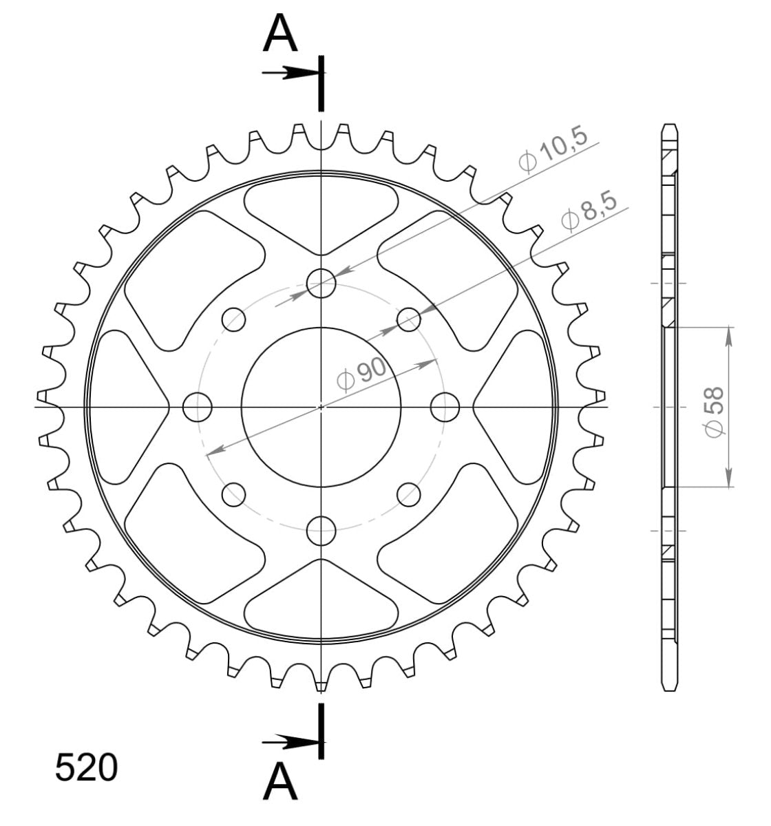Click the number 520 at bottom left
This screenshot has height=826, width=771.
tap(86, 768)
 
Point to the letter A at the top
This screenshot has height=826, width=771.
tap(280, 34)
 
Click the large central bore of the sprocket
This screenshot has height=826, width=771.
tap(321, 407)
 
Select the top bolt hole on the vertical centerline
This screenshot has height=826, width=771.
tap(321, 283)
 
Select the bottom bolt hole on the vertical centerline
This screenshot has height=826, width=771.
tap(321, 530)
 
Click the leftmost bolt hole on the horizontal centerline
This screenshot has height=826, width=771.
tap(198, 407)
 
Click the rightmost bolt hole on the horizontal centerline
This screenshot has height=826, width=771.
tap(445, 407)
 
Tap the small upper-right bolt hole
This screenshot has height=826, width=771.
tap(409, 319)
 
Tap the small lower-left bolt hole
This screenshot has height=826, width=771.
tap(233, 494)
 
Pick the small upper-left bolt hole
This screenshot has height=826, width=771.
tap(233, 319)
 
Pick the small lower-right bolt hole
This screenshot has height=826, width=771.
tap(409, 494)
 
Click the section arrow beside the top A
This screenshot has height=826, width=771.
tap(289, 72)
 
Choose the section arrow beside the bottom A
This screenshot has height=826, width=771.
tap(289, 741)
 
